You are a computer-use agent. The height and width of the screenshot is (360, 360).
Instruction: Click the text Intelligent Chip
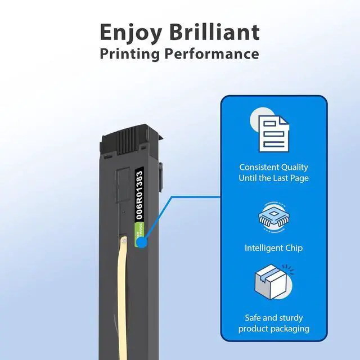pos(273,247)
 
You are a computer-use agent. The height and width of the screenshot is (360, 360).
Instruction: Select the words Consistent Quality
pos(273,168)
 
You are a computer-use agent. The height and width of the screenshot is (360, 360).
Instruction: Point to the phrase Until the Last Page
pos(273,178)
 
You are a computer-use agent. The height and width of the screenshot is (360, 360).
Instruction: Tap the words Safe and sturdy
pos(273,318)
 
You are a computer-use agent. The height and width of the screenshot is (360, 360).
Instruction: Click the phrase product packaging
pos(273,328)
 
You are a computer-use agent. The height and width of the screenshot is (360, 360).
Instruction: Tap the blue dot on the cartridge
pos(143,243)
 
